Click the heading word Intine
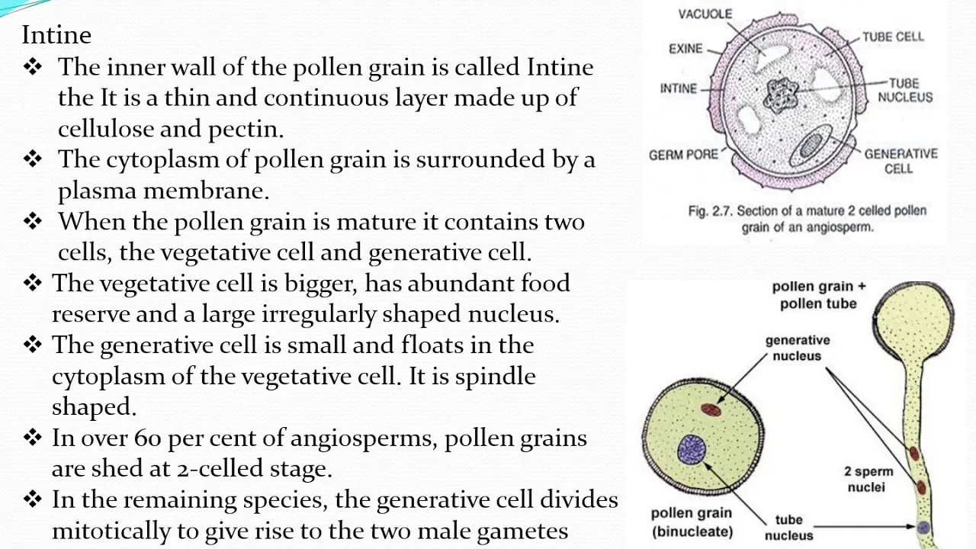coord(56,35)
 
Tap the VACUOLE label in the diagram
coord(705,14)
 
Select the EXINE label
coord(685,48)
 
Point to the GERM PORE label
coord(683,155)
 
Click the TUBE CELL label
coord(893,37)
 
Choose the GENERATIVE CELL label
coord(901,161)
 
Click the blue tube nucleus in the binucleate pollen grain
coord(692,449)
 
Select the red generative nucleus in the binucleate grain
coord(711,409)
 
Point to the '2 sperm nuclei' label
coord(868,479)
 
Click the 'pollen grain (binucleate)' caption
coord(692,522)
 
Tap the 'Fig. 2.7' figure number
coord(711,211)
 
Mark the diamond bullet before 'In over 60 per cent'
coord(33,437)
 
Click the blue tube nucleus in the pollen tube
coord(923,527)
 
